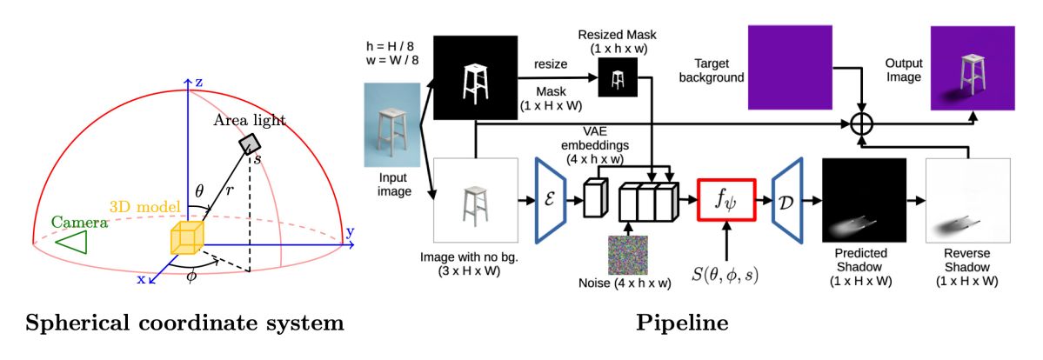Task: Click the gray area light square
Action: coord(251,143)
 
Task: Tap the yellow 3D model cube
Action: coord(186,238)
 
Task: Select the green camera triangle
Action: coord(70,237)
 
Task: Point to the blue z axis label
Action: coord(198,83)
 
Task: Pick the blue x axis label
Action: coord(141,279)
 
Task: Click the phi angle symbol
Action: coord(193,276)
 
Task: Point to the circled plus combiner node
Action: coord(863,123)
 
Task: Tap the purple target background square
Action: coord(790,67)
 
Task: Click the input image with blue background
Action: coord(392,124)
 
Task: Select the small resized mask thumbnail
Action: coord(618,78)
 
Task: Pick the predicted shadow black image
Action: coord(864,200)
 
